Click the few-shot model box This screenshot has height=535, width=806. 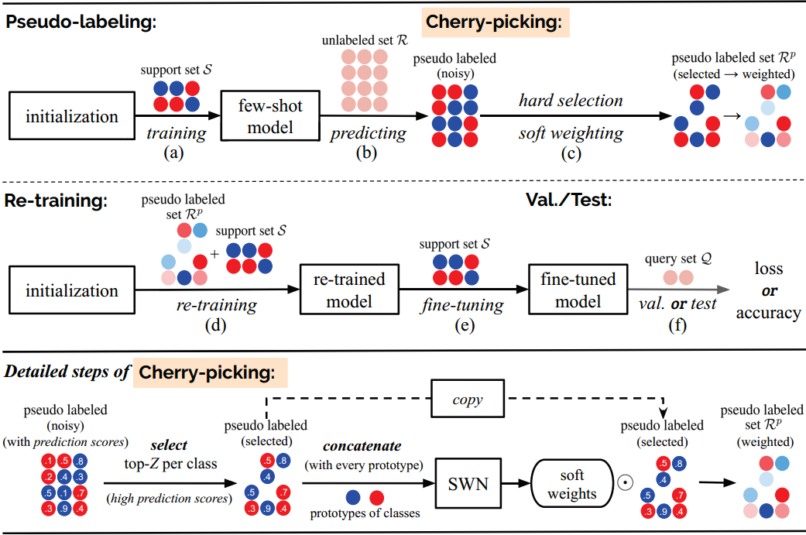coord(270,115)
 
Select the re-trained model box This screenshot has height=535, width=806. coord(349,290)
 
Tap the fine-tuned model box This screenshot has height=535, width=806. coord(578,290)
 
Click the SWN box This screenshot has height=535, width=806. coord(468,484)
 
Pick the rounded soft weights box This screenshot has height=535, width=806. coord(572,484)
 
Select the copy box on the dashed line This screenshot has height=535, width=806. coord(468,399)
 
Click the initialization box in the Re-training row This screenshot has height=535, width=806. coord(72,290)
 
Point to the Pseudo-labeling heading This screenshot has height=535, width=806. coord(81,22)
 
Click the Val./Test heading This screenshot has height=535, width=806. coord(569,200)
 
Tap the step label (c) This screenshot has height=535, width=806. coord(571,153)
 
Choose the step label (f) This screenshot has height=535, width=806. coord(677,325)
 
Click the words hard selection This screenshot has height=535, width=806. coord(571,100)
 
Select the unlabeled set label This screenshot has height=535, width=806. coord(365,40)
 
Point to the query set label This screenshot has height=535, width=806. coord(678,259)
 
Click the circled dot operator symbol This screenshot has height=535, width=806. coord(625,483)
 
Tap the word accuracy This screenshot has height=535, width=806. coord(769,313)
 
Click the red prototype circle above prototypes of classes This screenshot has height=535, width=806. coord(377,498)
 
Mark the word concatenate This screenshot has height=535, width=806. coord(362,446)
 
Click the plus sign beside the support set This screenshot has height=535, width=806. coord(214,253)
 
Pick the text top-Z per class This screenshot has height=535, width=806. coord(170,464)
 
